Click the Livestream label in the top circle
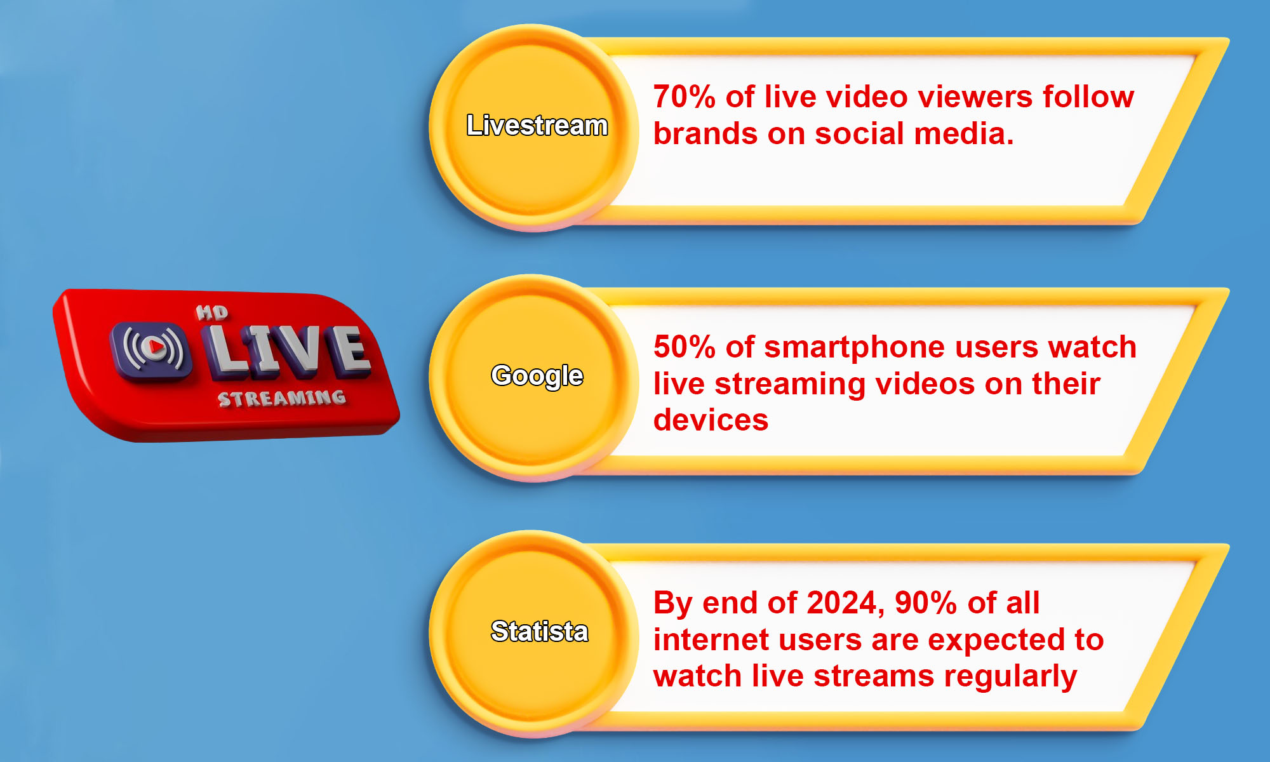[537, 126]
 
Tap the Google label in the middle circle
[537, 376]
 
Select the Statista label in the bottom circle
[539, 631]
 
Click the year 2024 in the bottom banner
[842, 603]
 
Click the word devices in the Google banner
[711, 420]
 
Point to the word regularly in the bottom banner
[1010, 677]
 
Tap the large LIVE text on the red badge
[289, 349]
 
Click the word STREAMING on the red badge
[282, 399]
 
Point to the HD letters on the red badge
[211, 312]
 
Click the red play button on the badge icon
[153, 347]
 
